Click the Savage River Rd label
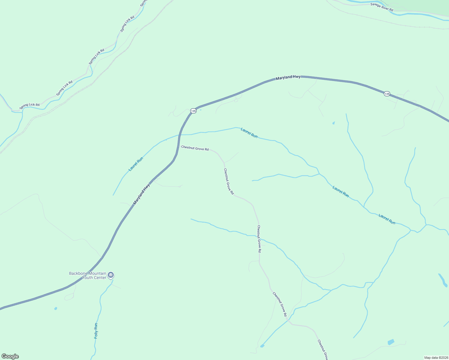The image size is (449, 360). click(381, 7)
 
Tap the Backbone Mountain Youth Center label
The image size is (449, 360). click(88, 275)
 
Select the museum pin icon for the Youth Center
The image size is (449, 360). click(111, 275)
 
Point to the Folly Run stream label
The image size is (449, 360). click(96, 331)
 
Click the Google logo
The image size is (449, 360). click(10, 356)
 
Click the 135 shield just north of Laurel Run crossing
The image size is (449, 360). click(193, 111)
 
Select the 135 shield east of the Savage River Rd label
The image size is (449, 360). click(387, 94)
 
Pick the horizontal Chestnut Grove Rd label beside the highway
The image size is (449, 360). click(195, 148)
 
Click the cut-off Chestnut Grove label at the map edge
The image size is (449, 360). click(323, 349)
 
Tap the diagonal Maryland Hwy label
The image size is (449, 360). click(142, 194)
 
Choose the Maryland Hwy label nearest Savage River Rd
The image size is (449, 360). click(288, 77)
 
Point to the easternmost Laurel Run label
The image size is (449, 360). click(387, 219)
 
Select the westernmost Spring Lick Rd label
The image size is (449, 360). click(29, 106)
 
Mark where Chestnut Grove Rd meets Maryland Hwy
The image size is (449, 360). click(178, 146)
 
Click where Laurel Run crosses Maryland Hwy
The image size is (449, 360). click(180, 135)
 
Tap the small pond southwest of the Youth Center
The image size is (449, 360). click(56, 308)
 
